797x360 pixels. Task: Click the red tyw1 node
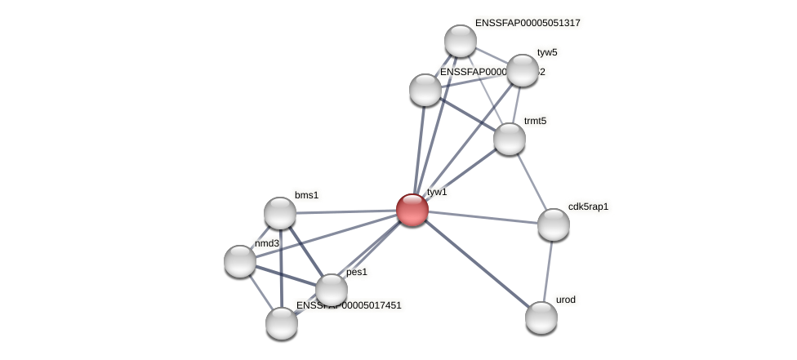(x=412, y=210)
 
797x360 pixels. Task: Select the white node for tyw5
(x=523, y=70)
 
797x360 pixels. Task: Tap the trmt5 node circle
(x=510, y=139)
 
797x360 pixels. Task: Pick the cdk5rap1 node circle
(x=553, y=224)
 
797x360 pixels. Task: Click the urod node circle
(x=541, y=318)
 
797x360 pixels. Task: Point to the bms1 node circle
(x=280, y=213)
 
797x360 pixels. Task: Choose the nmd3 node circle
(x=240, y=261)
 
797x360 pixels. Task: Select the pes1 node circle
(x=332, y=289)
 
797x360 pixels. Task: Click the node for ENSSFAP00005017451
(x=282, y=323)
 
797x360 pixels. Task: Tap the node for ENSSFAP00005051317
(x=461, y=41)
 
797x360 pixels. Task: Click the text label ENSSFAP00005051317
(x=528, y=23)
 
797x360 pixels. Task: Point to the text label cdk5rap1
(x=588, y=207)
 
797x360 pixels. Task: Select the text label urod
(x=566, y=300)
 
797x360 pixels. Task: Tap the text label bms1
(x=306, y=195)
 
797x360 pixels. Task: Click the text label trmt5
(x=535, y=121)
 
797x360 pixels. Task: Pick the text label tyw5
(x=547, y=52)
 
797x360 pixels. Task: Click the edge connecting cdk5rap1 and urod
(x=548, y=271)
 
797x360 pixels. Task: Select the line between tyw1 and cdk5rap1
(x=482, y=217)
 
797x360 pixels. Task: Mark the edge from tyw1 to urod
(x=477, y=264)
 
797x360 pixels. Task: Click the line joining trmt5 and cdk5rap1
(x=532, y=182)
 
